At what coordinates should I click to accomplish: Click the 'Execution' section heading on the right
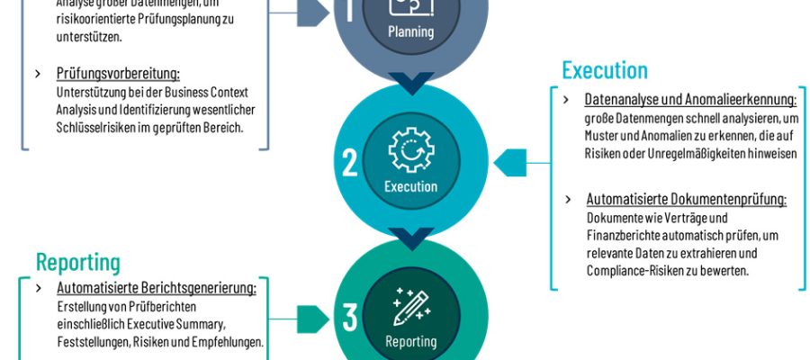605,70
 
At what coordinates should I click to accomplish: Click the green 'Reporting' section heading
78,262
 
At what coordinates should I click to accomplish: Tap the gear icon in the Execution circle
411,150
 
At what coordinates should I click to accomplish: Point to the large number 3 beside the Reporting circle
350,317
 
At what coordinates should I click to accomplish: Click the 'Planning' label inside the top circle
410,32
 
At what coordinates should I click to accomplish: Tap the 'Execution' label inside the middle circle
410,187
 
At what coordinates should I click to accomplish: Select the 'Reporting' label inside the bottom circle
410,341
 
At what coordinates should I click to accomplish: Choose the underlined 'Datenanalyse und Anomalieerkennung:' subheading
690,99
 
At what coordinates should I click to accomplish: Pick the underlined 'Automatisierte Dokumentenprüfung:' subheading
687,199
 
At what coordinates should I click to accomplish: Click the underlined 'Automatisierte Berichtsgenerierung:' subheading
157,288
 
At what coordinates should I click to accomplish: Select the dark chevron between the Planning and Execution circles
411,83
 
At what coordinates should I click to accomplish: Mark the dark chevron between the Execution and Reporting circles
411,238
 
